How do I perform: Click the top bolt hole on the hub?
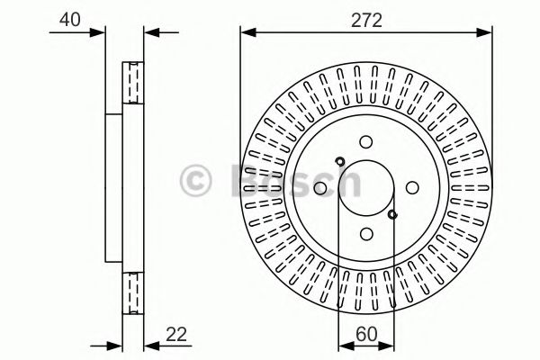(365, 142)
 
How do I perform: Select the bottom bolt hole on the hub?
(365, 234)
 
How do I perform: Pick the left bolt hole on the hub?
(319, 188)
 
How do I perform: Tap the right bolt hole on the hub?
(411, 188)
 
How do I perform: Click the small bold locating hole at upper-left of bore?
(339, 162)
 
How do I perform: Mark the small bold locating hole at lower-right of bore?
(392, 214)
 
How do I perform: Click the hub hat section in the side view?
(114, 188)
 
